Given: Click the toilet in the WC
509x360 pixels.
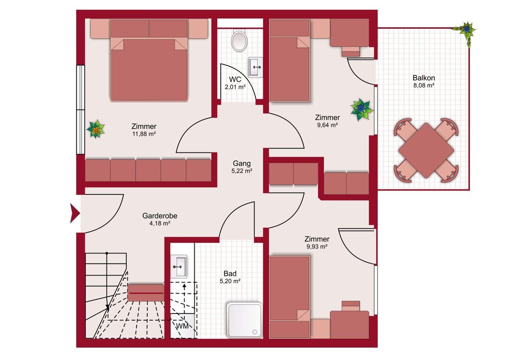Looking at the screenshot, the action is pyautogui.click(x=239, y=40).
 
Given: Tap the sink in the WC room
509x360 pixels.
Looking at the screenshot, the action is pyautogui.click(x=256, y=67).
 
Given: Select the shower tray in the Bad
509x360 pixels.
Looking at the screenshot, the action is pyautogui.click(x=244, y=321).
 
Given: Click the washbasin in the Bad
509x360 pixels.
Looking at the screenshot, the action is pyautogui.click(x=179, y=266).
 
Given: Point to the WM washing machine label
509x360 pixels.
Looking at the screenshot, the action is pyautogui.click(x=182, y=326).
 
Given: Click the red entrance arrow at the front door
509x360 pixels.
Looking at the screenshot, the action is pyautogui.click(x=75, y=213).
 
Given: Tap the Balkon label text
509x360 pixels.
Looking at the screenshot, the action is pyautogui.click(x=424, y=78).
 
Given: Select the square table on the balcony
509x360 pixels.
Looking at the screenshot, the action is pyautogui.click(x=426, y=150).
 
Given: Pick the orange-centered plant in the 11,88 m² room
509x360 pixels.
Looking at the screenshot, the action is pyautogui.click(x=96, y=129).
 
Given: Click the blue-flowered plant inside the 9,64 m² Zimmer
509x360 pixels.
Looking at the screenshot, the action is pyautogui.click(x=361, y=110).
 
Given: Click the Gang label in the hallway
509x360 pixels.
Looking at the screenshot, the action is pyautogui.click(x=241, y=163).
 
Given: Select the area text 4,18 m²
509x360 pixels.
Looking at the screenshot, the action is pyautogui.click(x=160, y=223).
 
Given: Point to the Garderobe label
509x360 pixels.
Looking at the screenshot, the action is pyautogui.click(x=160, y=216).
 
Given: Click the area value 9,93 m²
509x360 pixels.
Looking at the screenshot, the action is pyautogui.click(x=317, y=247).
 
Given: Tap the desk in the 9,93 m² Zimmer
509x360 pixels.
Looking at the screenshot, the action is pyautogui.click(x=349, y=324).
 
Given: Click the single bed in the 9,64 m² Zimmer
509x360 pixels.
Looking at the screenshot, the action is pyautogui.click(x=289, y=60).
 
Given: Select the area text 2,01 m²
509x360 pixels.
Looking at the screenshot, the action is pyautogui.click(x=235, y=87).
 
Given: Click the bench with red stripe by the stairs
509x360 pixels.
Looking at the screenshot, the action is pyautogui.click(x=146, y=292).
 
